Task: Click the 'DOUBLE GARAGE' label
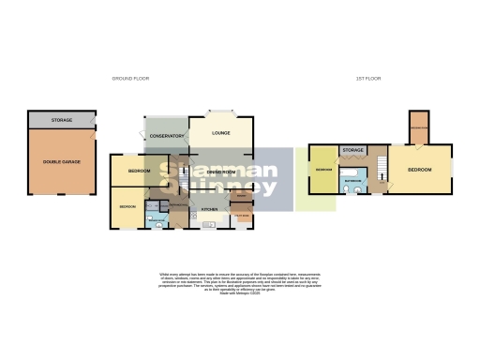coord(61,161)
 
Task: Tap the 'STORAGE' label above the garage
coord(61,120)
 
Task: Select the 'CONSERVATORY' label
coord(166,137)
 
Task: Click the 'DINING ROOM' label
coord(220,172)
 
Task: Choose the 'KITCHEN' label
coord(210,210)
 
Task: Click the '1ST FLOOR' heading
coord(368,80)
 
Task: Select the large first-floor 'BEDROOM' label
coord(418,170)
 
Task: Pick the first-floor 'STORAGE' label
coord(352,150)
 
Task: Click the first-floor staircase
coord(381,170)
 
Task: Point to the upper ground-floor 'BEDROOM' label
coord(139,171)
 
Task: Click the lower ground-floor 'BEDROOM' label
coord(127,206)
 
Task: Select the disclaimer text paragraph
coord(240,284)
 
